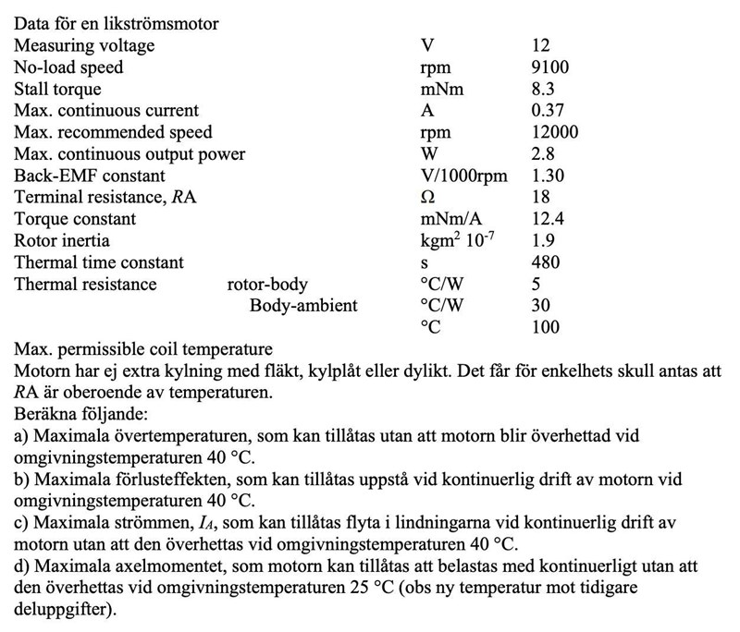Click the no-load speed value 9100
tap(550, 67)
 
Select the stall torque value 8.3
tap(544, 90)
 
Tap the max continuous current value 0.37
tap(549, 111)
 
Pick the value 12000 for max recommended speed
tap(555, 133)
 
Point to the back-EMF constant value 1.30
tap(549, 176)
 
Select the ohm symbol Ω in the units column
tap(427, 198)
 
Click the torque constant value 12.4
tap(549, 219)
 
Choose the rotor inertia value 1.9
tap(544, 241)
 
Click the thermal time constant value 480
tap(547, 262)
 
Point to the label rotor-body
tap(267, 284)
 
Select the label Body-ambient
tap(303, 305)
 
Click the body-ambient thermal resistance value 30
tap(542, 305)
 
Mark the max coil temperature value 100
tap(547, 327)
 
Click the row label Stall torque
tap(58, 90)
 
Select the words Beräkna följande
tap(75, 413)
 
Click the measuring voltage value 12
tap(542, 46)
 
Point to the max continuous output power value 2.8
tap(544, 154)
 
